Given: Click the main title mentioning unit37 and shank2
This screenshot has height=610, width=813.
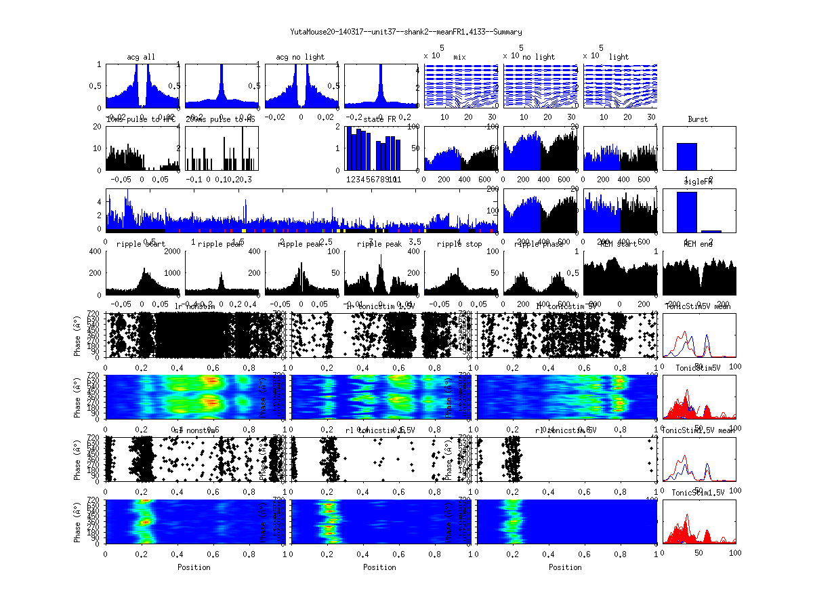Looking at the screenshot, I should click(406, 32).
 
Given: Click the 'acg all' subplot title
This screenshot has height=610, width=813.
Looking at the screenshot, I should click(141, 57).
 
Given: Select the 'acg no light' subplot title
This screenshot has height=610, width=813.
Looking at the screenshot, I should click(300, 57).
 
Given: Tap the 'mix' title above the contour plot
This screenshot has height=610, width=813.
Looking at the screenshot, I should click(460, 57).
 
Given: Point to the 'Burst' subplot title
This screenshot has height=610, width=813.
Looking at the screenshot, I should click(698, 119).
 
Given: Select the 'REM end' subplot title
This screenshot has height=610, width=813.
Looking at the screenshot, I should click(698, 243).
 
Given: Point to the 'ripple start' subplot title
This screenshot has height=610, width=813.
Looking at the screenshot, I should click(141, 243).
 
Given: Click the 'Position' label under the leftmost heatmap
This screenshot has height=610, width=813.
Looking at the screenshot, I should click(194, 567).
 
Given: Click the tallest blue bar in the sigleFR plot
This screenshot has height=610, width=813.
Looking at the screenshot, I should click(687, 212).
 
